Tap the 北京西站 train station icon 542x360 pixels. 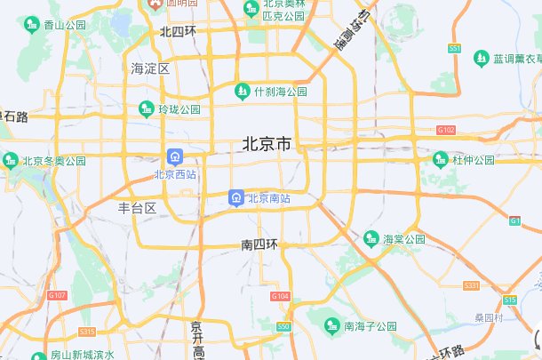175,156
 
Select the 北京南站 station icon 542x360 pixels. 236,198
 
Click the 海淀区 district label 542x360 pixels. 150,68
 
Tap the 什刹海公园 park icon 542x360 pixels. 242,91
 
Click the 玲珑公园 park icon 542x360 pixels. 146,109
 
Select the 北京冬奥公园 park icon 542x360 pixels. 10,160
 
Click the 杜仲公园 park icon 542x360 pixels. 441,160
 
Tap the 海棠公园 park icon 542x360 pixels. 371,238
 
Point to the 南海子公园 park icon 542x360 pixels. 333,325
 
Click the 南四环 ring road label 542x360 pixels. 259,244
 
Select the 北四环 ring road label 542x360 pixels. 178,31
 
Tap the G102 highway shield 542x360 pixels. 445,130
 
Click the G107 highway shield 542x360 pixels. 58,294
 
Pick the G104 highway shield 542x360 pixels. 280,295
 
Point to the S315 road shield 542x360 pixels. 86,332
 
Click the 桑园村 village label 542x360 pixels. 489,317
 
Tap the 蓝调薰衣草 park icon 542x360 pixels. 481,58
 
